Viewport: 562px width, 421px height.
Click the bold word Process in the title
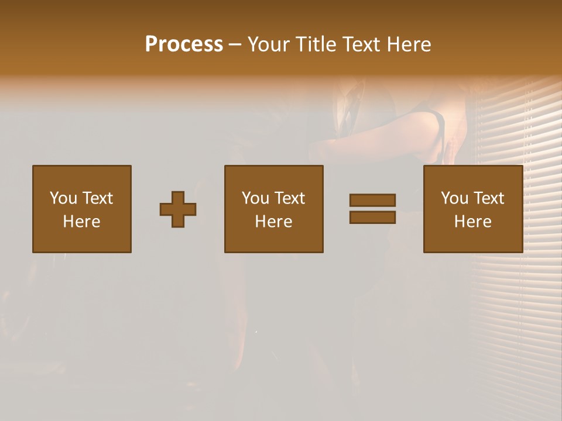[184, 44]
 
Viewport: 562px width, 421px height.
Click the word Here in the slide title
[410, 44]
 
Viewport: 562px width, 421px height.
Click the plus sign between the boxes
[178, 209]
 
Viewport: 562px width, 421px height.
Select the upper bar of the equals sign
[372, 200]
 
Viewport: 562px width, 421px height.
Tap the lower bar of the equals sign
[372, 217]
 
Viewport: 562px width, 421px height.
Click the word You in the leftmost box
[63, 198]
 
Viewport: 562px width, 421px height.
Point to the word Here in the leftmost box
[81, 222]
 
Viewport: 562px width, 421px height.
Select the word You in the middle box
[255, 198]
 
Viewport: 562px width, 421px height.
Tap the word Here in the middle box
[273, 222]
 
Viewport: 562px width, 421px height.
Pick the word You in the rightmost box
[454, 198]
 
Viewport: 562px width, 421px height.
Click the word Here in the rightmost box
[472, 222]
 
